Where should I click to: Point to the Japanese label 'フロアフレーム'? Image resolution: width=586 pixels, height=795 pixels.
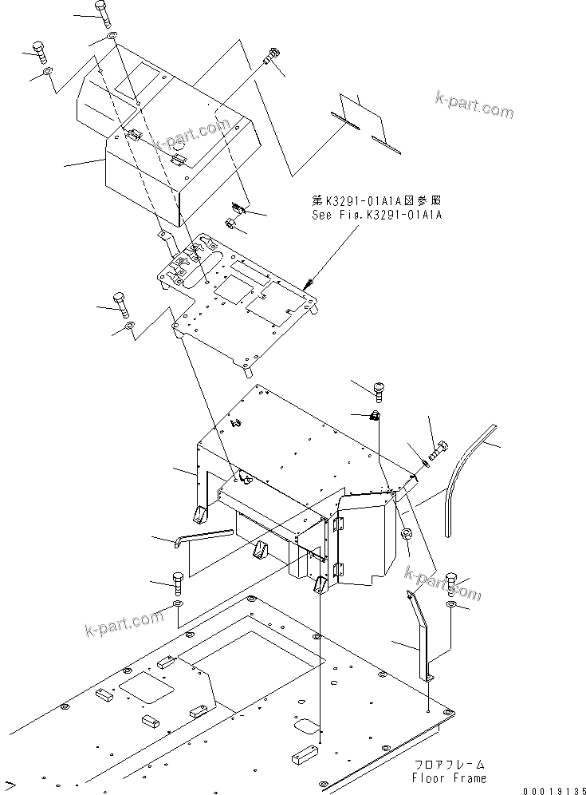click(x=449, y=765)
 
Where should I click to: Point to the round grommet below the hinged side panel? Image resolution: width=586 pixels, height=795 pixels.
click(x=404, y=533)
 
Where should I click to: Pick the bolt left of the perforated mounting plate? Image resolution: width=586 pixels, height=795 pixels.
click(x=120, y=303)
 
